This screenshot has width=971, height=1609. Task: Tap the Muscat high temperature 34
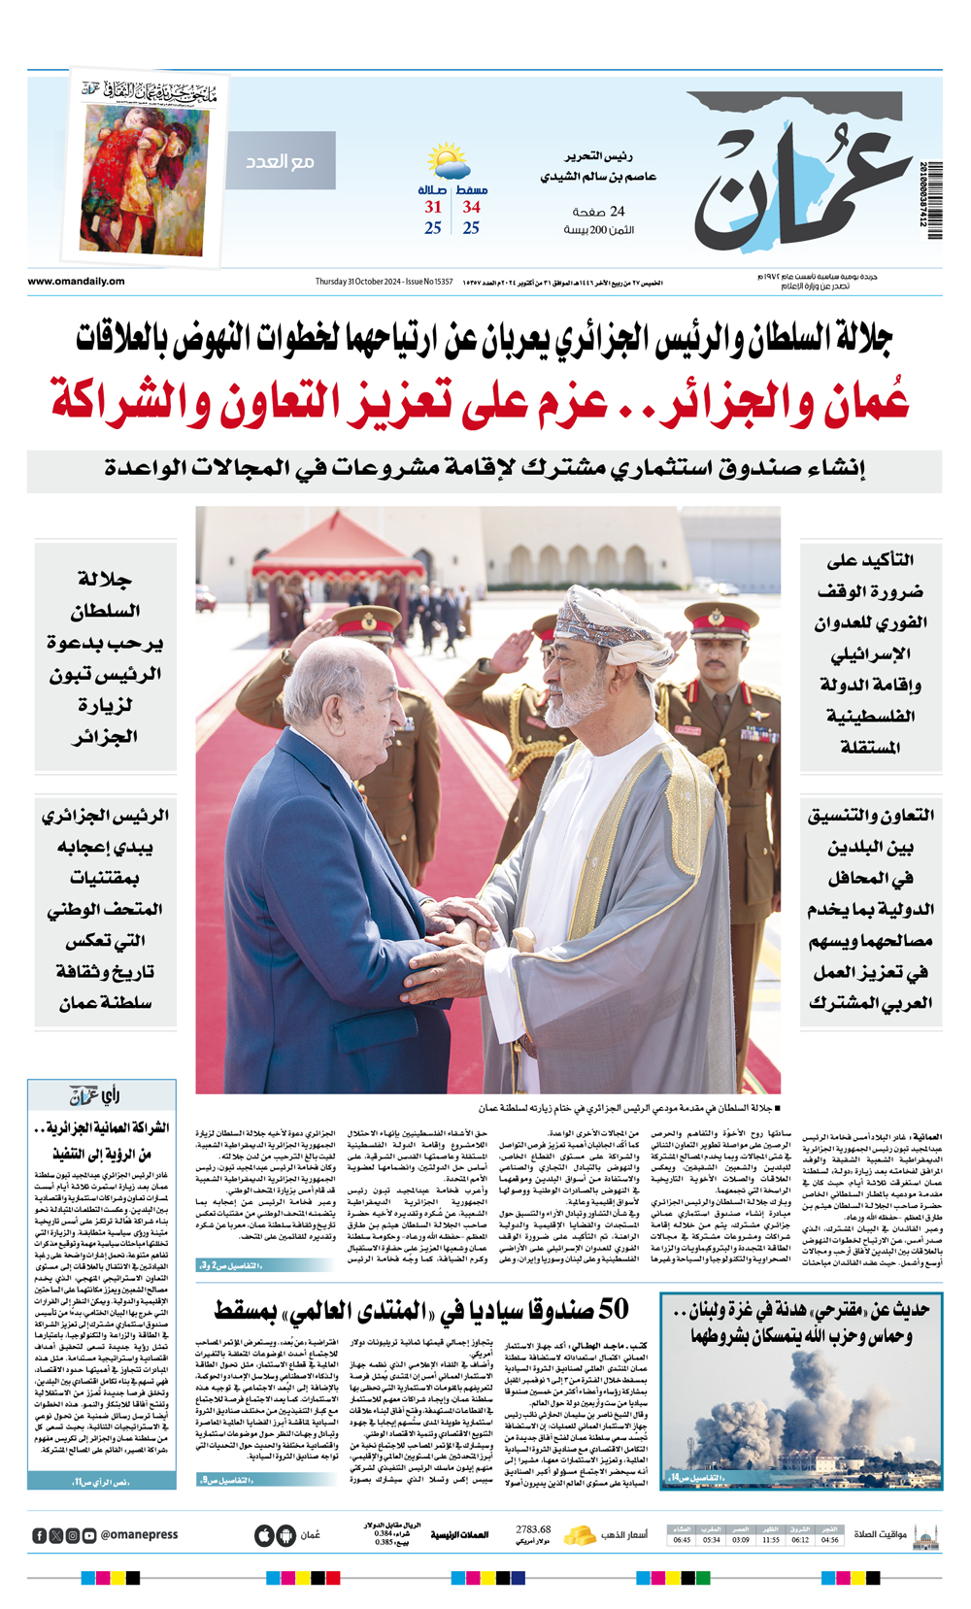click(471, 207)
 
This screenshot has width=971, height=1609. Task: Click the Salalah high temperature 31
click(433, 207)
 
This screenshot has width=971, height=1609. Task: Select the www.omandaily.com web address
click(76, 282)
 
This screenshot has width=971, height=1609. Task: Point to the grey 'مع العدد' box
click(281, 160)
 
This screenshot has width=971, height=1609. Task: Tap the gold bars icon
click(581, 1535)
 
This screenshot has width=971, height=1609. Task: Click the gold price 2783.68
click(533, 1529)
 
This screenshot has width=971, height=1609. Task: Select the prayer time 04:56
click(829, 1539)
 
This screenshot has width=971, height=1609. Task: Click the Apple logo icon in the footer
click(264, 1535)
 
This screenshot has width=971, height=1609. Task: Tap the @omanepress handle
click(139, 1535)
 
